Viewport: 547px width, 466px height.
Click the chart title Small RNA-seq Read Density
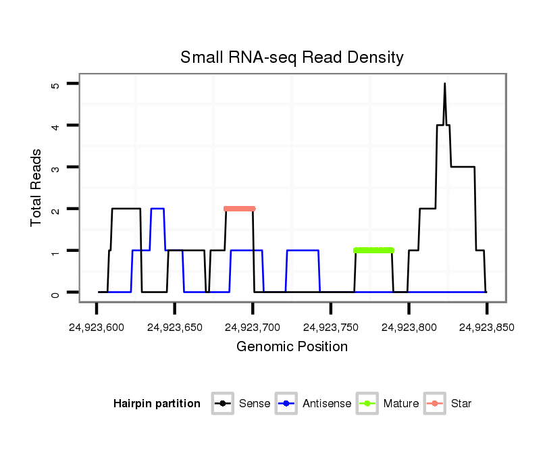[292, 57]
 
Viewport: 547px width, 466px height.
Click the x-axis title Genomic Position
[292, 347]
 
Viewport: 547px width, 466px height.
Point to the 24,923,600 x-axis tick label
[96, 328]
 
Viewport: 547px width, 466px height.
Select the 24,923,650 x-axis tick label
[174, 328]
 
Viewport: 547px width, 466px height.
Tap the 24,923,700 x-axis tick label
[253, 328]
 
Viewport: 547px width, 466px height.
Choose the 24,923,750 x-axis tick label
[330, 328]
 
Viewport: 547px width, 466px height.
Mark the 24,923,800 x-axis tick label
[409, 328]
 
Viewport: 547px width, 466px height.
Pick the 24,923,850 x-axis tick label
[486, 328]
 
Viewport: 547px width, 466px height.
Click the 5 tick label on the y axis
[56, 84]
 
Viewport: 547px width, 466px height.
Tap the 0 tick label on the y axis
[56, 292]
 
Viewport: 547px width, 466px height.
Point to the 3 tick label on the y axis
[56, 167]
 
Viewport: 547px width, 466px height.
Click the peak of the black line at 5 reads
[444, 84]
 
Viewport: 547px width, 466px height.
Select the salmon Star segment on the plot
[240, 209]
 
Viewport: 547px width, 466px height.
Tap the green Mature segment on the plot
[373, 251]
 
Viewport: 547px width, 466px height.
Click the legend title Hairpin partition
[157, 404]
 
